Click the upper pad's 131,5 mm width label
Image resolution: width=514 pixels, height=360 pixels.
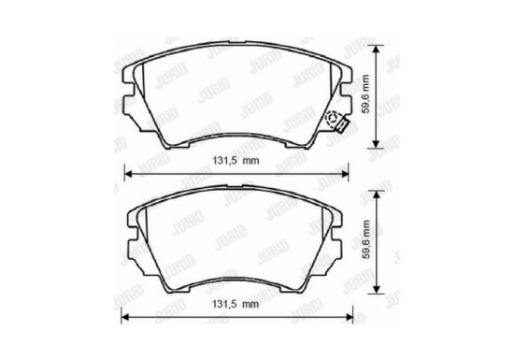[236, 161]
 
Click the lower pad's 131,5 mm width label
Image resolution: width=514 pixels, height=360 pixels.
[236, 304]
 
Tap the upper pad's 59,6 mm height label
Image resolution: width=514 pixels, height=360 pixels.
[365, 94]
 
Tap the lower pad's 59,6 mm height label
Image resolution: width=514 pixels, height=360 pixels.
[365, 239]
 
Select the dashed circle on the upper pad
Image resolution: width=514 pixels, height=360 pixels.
[334, 118]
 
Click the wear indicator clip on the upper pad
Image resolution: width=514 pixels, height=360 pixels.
[342, 125]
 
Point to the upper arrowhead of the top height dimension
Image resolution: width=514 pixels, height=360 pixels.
[377, 50]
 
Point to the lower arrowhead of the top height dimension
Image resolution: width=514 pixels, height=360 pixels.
[377, 144]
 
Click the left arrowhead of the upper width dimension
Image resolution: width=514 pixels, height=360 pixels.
[129, 173]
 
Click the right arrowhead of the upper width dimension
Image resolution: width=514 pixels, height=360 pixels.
[344, 173]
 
